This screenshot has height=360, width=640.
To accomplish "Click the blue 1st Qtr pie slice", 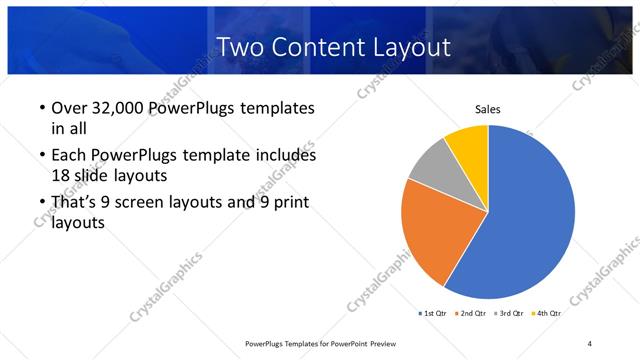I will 530,215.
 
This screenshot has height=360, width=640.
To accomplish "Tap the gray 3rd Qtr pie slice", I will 432,165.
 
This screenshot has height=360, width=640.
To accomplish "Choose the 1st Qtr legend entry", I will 433,313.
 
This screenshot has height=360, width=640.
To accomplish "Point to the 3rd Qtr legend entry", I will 509,313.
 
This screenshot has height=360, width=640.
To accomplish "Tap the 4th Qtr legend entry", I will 546,313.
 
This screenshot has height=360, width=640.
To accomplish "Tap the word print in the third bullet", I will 289,203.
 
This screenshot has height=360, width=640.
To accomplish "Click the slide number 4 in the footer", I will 590,344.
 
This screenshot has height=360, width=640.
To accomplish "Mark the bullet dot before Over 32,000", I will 41,108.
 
